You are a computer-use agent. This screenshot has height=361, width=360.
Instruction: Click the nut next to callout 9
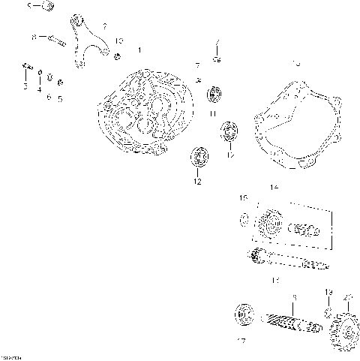47,7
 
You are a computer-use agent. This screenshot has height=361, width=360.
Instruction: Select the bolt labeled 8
53,38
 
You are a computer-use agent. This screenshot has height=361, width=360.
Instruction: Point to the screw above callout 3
26,71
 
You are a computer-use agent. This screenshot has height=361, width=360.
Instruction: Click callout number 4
39,88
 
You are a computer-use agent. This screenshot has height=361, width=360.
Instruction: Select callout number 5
60,98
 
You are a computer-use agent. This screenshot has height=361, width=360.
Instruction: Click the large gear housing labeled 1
142,113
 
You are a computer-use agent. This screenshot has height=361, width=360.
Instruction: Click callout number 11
213,113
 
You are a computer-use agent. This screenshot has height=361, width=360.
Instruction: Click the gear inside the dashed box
269,224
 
